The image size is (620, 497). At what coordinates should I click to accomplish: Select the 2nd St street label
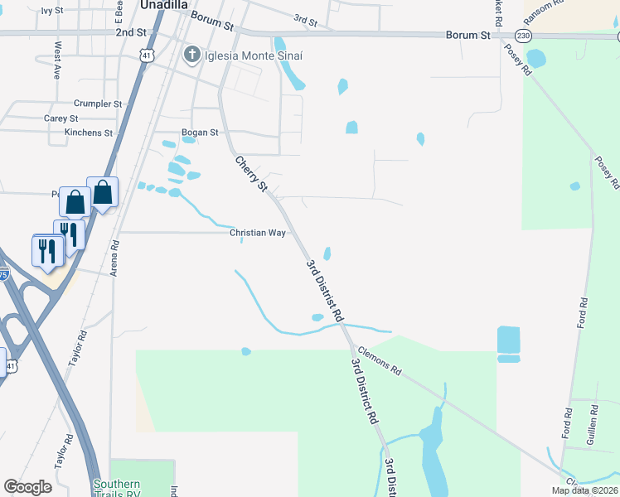[x=130, y=32]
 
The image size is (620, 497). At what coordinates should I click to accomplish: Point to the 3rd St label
[x=306, y=21]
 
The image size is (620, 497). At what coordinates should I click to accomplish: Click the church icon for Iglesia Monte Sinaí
[x=191, y=55]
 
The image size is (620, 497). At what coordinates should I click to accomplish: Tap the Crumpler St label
[x=98, y=104]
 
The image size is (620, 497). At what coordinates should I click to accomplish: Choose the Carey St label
[x=61, y=118]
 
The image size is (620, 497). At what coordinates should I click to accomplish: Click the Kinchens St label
[x=88, y=133]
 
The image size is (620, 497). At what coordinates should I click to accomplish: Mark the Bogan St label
[x=200, y=132]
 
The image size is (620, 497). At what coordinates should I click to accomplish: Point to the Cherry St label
[x=251, y=174]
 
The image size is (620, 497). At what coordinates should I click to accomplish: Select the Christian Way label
[x=257, y=233]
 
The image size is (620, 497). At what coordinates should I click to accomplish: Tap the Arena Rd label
[x=115, y=258]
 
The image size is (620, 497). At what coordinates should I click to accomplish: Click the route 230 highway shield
[x=522, y=36]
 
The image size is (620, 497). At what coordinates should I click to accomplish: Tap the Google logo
[x=27, y=486]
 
